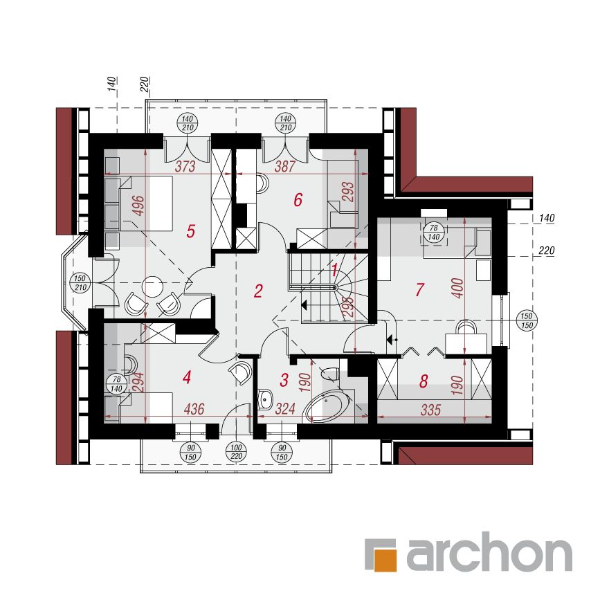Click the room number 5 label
(191, 231)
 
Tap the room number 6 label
(298, 200)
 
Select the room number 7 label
(419, 289)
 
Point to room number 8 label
(424, 381)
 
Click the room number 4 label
(187, 377)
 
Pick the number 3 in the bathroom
(284, 380)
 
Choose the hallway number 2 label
(258, 291)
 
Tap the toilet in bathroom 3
(331, 373)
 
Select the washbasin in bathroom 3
(266, 399)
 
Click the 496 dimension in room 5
(138, 206)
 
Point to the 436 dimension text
(194, 409)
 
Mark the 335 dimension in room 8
(430, 410)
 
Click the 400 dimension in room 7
(457, 289)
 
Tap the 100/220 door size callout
(236, 453)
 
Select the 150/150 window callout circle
(527, 320)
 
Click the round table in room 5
(152, 287)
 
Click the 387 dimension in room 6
(284, 166)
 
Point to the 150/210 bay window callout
(80, 283)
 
